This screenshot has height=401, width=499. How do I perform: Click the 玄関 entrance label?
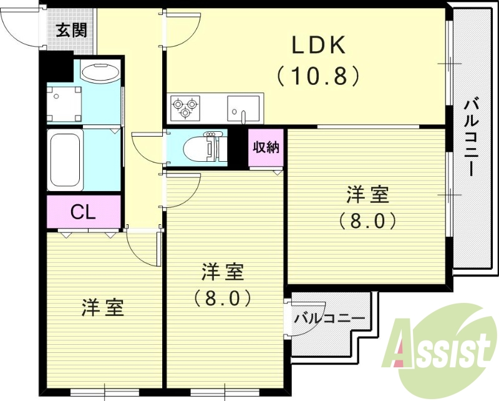click(x=71, y=31)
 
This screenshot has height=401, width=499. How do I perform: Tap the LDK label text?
click(x=319, y=45)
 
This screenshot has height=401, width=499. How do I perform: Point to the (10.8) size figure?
click(x=318, y=76)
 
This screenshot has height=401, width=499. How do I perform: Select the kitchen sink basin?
click(x=243, y=109)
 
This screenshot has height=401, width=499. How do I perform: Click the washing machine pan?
click(x=64, y=104)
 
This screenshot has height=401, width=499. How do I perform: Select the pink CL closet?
click(x=84, y=211)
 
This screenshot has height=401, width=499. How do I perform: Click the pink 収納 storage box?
click(x=266, y=147)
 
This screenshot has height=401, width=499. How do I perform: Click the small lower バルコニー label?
click(x=329, y=318)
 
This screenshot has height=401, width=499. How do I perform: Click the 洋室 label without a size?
click(x=102, y=307)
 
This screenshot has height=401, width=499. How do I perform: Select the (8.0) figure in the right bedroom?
click(x=367, y=220)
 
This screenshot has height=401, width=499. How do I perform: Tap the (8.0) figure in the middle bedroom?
click(x=223, y=297)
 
